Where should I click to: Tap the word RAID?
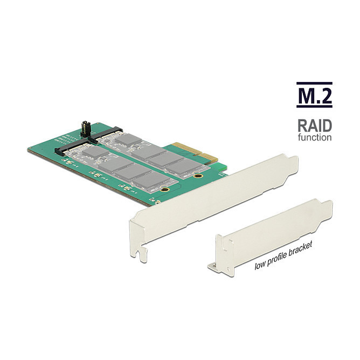(x=315, y=126)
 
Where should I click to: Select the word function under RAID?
(x=315, y=137)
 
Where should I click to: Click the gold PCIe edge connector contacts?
(x=195, y=151)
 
